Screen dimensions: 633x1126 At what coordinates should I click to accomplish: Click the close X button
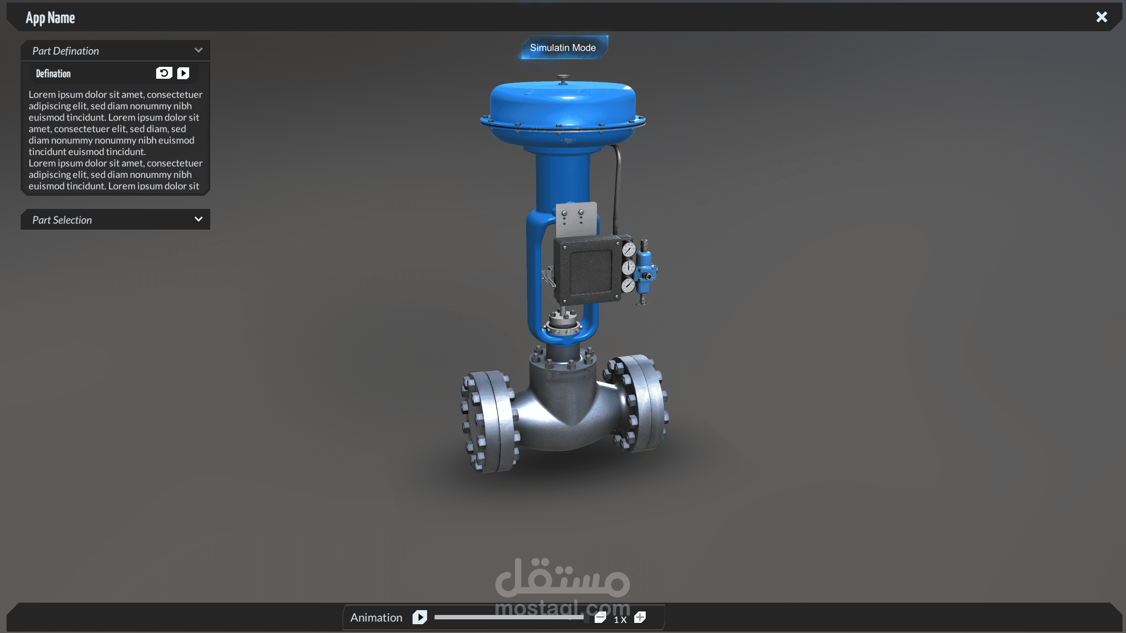tap(1101, 17)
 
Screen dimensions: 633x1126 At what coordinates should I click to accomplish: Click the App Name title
tap(50, 18)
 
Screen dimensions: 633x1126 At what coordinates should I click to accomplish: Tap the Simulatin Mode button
tap(563, 48)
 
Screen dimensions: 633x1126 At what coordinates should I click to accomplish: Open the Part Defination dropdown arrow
tap(198, 50)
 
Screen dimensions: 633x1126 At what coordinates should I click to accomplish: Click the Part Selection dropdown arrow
tap(198, 219)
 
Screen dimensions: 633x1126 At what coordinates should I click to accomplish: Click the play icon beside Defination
tap(183, 73)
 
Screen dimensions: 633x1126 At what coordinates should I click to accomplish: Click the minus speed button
tap(600, 617)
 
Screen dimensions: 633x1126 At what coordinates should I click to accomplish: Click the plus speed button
tap(640, 617)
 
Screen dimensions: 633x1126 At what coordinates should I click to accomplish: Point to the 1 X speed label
tap(620, 619)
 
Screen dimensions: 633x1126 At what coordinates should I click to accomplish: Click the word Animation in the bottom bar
tap(376, 618)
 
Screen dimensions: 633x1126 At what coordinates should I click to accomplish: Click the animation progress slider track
tap(508, 617)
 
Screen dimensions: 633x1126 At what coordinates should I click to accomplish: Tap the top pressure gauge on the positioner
tap(629, 249)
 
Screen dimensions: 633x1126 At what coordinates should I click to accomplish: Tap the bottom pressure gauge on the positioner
tap(628, 285)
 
